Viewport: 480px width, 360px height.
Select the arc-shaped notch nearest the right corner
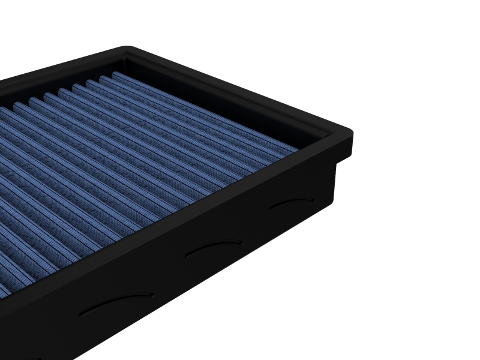(292, 204)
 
